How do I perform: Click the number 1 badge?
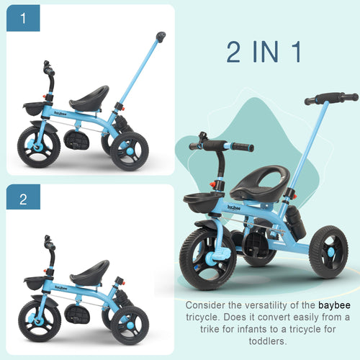(x=23, y=18)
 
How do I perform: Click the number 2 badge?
(x=23, y=197)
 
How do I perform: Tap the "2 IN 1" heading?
(x=264, y=52)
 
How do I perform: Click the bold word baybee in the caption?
(x=334, y=305)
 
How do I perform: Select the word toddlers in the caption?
(x=268, y=341)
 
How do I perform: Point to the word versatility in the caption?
(x=264, y=305)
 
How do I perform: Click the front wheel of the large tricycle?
(x=208, y=258)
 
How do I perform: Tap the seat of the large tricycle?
(x=260, y=184)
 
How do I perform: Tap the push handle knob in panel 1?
(x=161, y=37)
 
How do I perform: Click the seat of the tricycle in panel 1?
(x=89, y=98)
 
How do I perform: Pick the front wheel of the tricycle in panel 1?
(x=39, y=147)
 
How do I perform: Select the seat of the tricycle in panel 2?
(x=90, y=272)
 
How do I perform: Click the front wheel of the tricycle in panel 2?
(x=40, y=321)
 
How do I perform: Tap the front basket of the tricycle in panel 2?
(x=35, y=283)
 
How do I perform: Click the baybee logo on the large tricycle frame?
(x=234, y=207)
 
